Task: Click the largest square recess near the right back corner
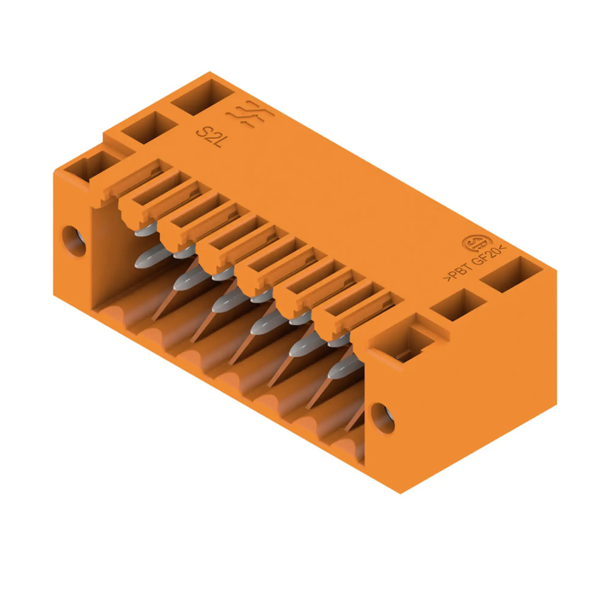pyautogui.click(x=511, y=274)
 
